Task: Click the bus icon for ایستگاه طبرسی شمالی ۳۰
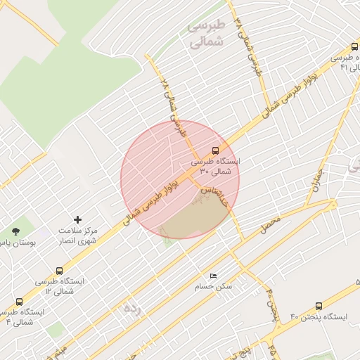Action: tap(215, 150)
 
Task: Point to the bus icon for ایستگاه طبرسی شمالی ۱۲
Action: tap(59, 270)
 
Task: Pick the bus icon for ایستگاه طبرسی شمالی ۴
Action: tap(19, 302)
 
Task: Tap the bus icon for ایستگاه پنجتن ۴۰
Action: tap(319, 307)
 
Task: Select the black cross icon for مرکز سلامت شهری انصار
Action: tap(77, 220)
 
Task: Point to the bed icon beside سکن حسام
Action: tap(214, 276)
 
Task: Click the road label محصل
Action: tap(269, 226)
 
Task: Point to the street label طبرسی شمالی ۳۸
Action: tap(252, 46)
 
